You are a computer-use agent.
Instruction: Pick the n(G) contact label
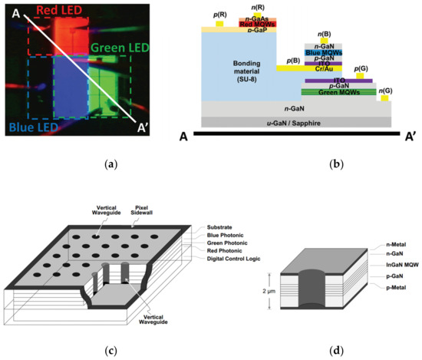[384, 91]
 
